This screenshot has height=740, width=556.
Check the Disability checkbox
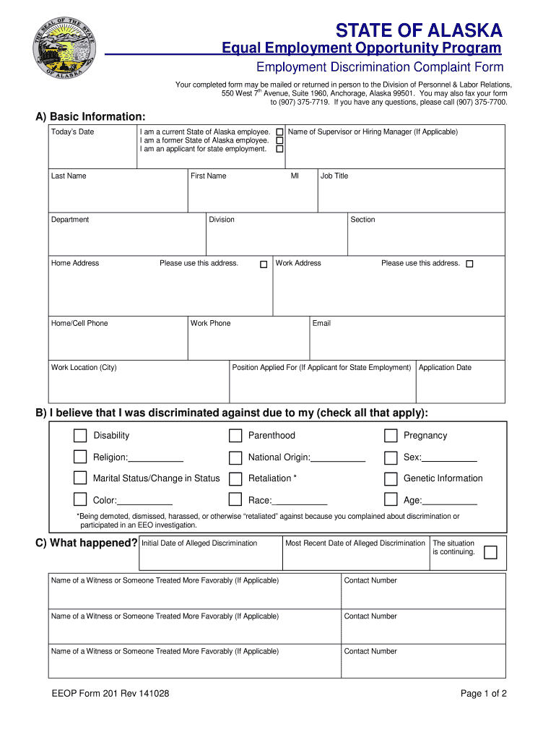pyautogui.click(x=79, y=436)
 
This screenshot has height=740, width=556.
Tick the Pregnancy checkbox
pyautogui.click(x=391, y=436)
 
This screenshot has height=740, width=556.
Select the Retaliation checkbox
pyautogui.click(x=235, y=479)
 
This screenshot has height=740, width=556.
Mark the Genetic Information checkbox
pyautogui.click(x=391, y=479)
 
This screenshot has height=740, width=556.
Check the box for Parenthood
pyautogui.click(x=235, y=436)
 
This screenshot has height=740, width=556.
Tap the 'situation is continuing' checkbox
pyautogui.click(x=490, y=553)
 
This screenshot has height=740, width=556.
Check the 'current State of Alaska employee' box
pyautogui.click(x=279, y=132)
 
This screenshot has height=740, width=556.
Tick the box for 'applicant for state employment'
pyautogui.click(x=279, y=149)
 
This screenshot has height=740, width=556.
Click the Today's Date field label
pyautogui.click(x=72, y=132)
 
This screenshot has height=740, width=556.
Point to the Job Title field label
pyautogui.click(x=334, y=176)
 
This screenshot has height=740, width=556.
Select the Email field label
pyautogui.click(x=321, y=324)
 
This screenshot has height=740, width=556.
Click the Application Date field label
pyautogui.click(x=445, y=368)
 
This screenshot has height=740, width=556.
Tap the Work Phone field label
pyautogui.click(x=210, y=324)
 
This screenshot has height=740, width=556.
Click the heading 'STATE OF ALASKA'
pyautogui.click(x=419, y=30)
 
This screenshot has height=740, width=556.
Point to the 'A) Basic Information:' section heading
pyautogui.click(x=90, y=117)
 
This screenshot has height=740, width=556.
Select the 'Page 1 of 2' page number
pyautogui.click(x=484, y=694)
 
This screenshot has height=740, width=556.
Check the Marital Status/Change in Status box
pyautogui.click(x=79, y=478)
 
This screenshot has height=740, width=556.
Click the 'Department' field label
pyautogui.click(x=70, y=220)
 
